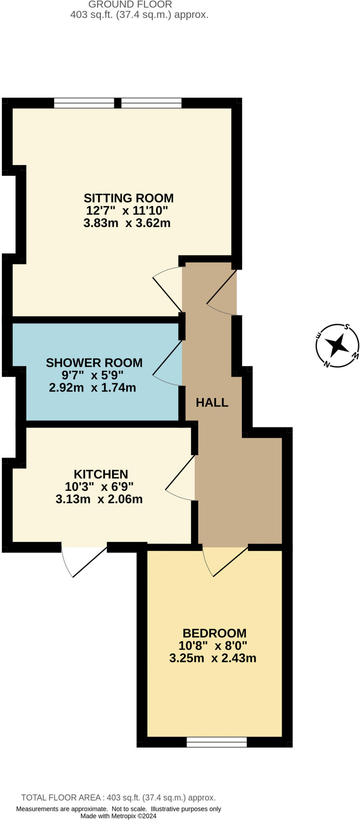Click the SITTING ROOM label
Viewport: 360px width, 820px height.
(129, 198)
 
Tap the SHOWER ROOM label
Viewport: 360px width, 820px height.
(94, 363)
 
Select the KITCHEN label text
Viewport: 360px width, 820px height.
(101, 474)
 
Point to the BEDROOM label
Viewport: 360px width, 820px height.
(215, 633)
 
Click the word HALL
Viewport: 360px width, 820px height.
(212, 402)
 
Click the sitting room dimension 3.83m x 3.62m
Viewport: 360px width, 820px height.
(127, 223)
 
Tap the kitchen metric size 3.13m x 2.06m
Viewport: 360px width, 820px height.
(99, 499)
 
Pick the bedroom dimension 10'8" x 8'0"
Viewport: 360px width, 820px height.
(213, 645)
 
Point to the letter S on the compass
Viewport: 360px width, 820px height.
(348, 327)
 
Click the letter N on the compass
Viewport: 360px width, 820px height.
(327, 364)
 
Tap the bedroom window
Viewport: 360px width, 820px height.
(217, 742)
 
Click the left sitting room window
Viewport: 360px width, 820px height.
(84, 103)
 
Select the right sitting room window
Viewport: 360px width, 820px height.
(151, 103)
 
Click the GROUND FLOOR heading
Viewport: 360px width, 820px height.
(130, 4)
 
